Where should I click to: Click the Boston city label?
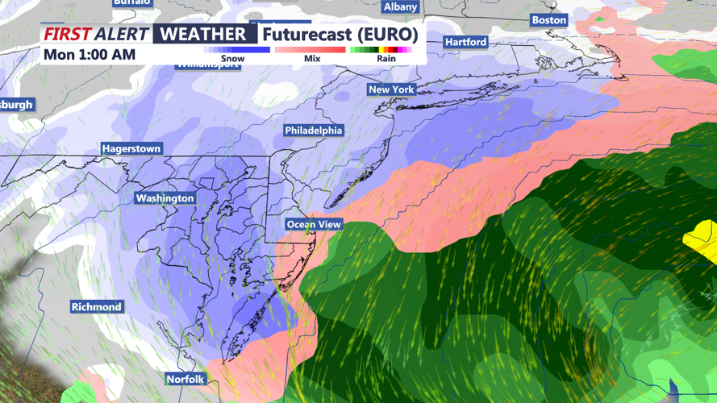click(x=549, y=20)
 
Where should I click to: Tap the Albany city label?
click(x=400, y=7)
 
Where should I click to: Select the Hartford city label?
click(x=466, y=42)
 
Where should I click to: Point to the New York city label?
click(x=391, y=89)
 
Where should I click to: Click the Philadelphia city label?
click(x=314, y=131)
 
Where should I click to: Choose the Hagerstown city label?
click(x=131, y=149)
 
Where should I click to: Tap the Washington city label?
click(x=165, y=198)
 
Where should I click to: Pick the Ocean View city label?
click(x=314, y=225)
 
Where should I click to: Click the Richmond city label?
click(x=97, y=307)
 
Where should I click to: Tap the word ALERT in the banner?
click(x=121, y=34)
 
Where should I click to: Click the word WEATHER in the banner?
click(x=203, y=34)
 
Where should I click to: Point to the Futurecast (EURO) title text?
click(x=340, y=34)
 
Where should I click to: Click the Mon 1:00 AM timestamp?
click(x=90, y=55)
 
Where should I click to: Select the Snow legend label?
click(x=232, y=59)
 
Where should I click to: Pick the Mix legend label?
click(x=312, y=59)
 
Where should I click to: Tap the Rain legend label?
click(x=386, y=59)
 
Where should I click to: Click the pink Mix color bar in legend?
click(x=311, y=50)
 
